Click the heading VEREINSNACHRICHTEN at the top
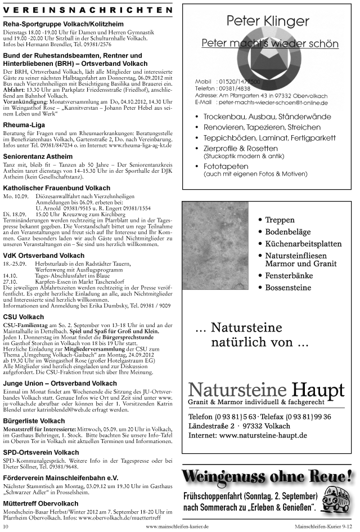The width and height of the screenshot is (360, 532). [x=88, y=10]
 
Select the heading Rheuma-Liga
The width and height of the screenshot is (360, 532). [x=24, y=124]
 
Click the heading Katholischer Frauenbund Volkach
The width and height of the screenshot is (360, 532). [x=56, y=187]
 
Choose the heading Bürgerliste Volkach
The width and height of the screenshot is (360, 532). [x=34, y=421]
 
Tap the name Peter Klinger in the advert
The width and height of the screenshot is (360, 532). [x=268, y=21]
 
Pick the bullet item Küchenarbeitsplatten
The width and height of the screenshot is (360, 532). [x=303, y=244]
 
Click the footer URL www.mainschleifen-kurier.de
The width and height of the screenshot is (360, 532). [x=179, y=526]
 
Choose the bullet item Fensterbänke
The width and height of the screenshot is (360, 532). [x=289, y=275]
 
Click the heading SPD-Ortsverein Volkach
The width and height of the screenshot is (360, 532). [x=41, y=452]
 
